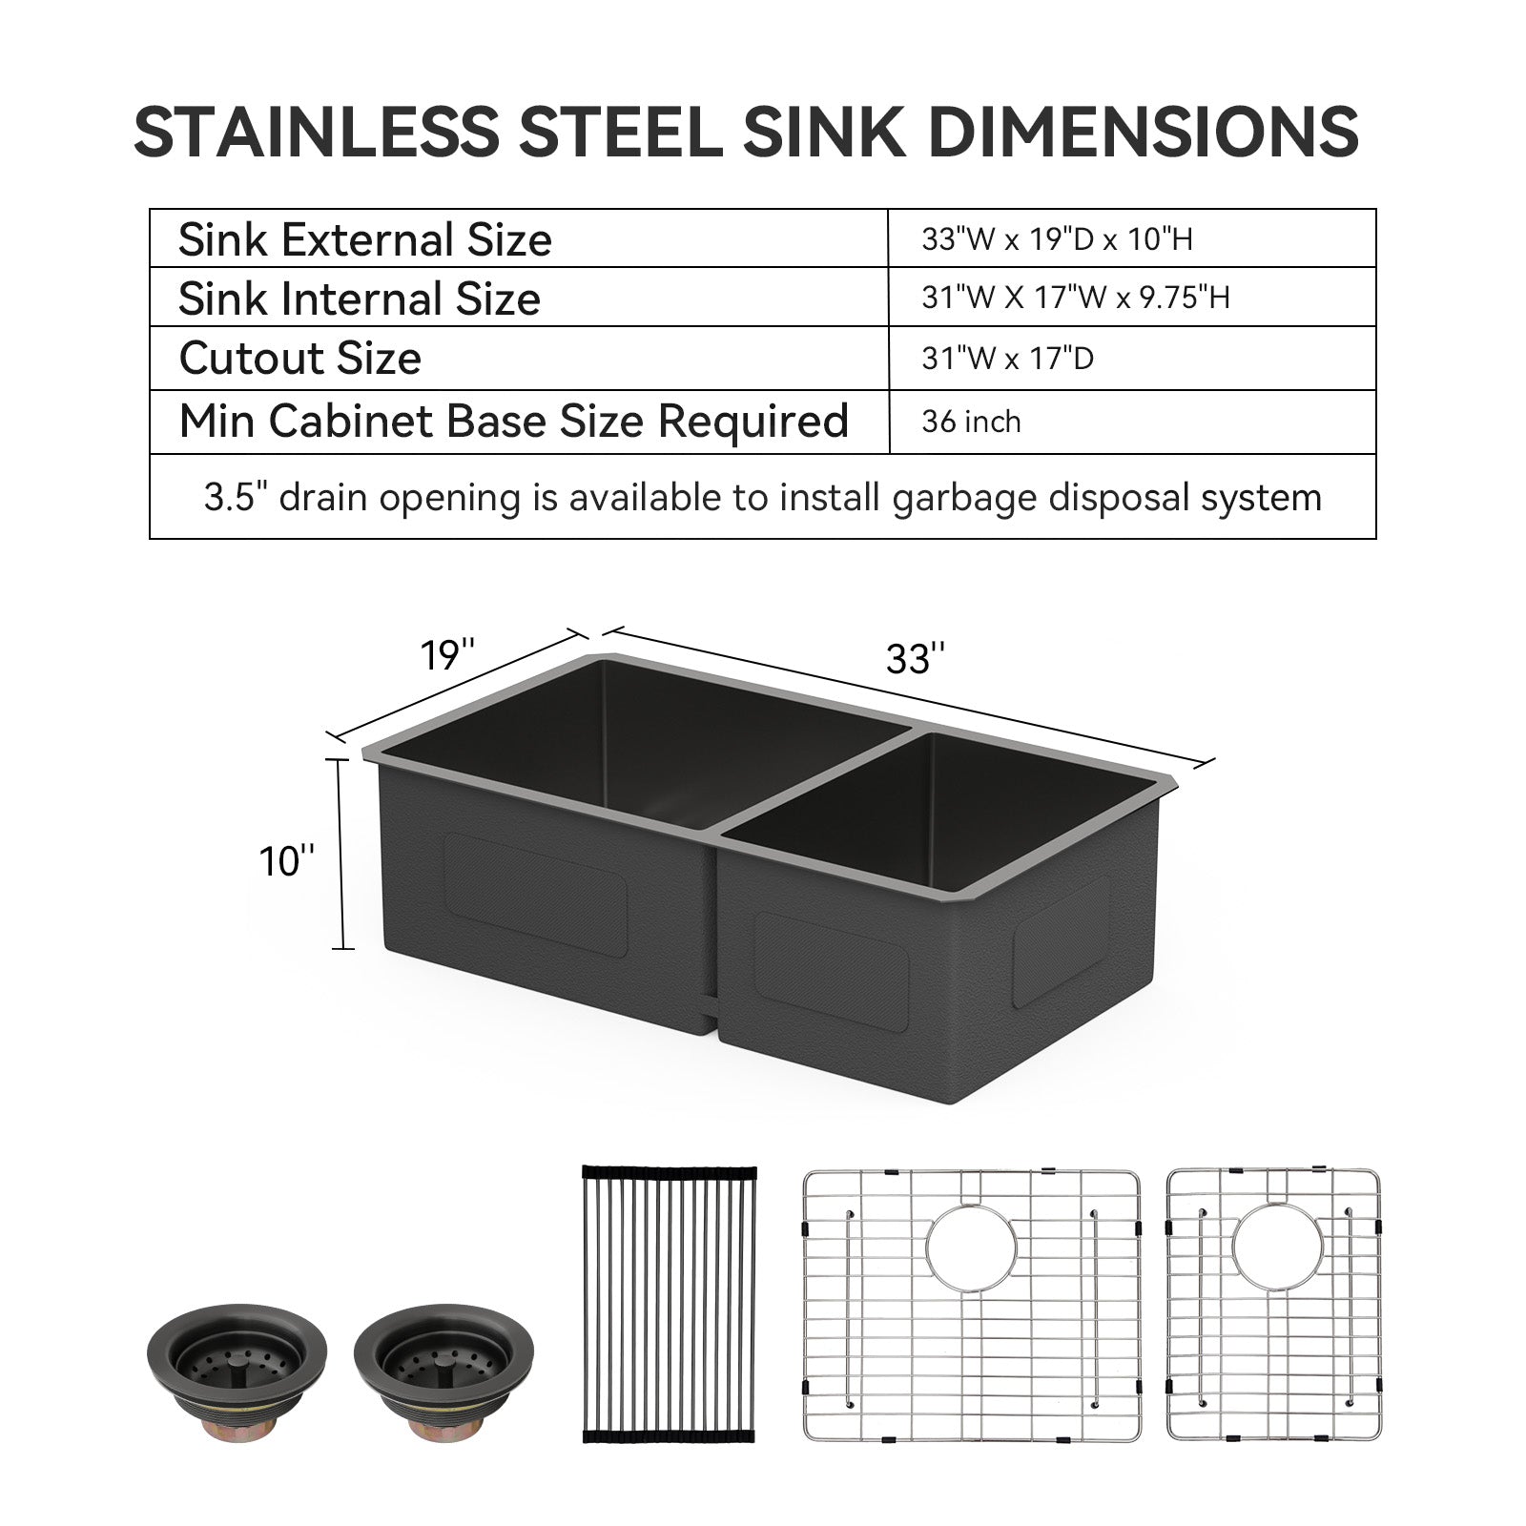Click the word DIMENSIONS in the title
(1143, 132)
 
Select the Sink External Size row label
(364, 239)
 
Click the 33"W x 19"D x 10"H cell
(1057, 238)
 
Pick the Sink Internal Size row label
(359, 299)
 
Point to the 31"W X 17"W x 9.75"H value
(1075, 298)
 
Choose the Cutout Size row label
(299, 359)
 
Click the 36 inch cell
(971, 422)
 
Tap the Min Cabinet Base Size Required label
(513, 421)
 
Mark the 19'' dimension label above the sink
(447, 654)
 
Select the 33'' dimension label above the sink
(916, 659)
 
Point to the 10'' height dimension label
(286, 861)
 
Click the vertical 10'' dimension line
(340, 854)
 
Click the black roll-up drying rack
(668, 1307)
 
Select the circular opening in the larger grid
(972, 1248)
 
